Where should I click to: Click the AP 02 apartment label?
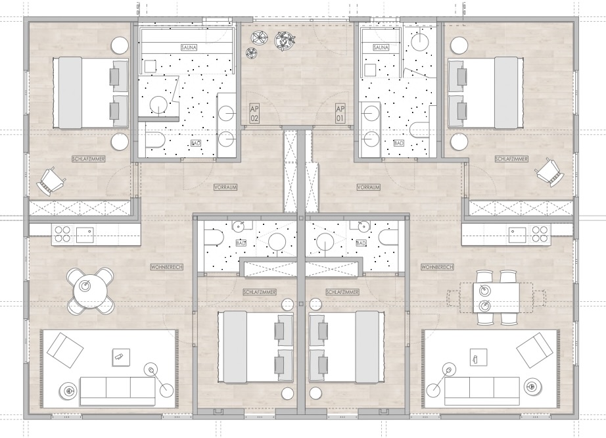click(x=255, y=112)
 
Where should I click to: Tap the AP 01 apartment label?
click(x=340, y=112)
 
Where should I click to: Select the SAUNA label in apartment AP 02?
click(x=189, y=48)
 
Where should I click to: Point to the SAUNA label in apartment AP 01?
click(x=381, y=48)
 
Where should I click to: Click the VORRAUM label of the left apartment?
click(x=225, y=187)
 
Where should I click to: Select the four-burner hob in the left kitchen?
click(x=62, y=233)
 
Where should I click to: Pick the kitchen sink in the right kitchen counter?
click(x=517, y=233)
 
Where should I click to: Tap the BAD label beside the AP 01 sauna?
click(x=398, y=142)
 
